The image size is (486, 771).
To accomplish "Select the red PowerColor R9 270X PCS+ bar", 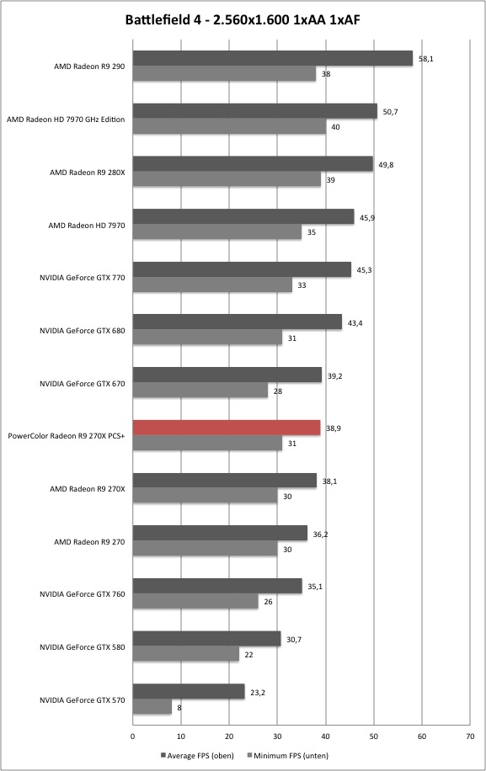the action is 227,428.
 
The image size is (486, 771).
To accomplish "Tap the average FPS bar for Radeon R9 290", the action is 273,59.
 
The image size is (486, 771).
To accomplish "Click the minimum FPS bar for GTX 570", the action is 152,707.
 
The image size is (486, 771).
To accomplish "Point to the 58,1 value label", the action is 426,59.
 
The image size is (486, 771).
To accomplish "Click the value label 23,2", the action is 258,693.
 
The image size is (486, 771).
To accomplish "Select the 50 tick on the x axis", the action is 374,736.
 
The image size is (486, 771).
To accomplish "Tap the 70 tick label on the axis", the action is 470,736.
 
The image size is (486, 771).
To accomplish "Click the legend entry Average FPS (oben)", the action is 197,755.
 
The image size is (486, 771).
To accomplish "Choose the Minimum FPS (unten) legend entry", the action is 287,755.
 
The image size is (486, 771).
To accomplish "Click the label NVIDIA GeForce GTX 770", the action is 83,277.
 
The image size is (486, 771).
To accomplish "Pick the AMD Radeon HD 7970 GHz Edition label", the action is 66,119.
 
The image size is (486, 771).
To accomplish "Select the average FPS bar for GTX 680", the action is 237,322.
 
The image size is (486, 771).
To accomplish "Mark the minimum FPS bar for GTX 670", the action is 200,391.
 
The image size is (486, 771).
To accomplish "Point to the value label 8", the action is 179,708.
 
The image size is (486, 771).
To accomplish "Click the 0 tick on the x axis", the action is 133,736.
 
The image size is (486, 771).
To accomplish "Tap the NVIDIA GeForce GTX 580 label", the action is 83,647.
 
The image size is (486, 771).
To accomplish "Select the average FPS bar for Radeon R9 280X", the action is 253,164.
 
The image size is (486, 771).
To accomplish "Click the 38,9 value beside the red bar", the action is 334,428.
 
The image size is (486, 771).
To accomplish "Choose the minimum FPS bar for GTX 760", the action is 195,601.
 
